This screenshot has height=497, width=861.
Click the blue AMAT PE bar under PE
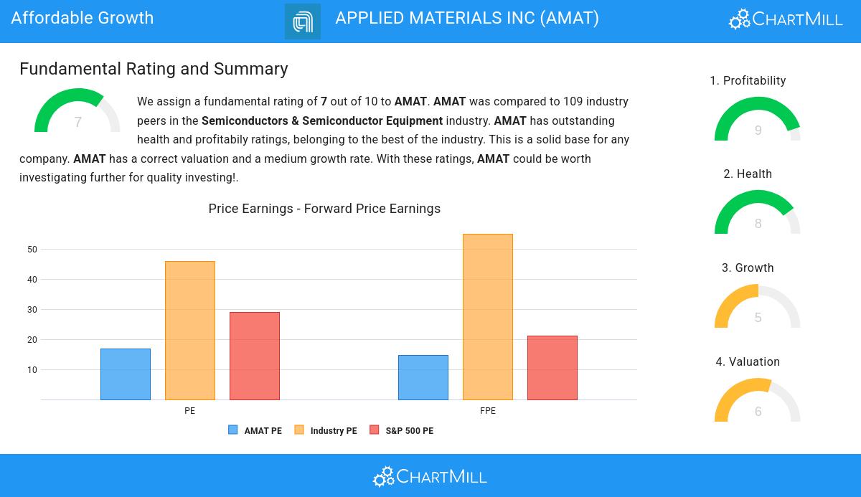click(x=126, y=374)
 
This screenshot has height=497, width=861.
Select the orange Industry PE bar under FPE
click(x=488, y=317)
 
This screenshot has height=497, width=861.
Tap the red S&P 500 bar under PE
click(x=255, y=356)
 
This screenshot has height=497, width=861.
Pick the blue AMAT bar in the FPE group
click(x=423, y=377)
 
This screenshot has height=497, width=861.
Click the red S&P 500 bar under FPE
click(x=552, y=368)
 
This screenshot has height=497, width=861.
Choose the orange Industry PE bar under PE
click(x=190, y=331)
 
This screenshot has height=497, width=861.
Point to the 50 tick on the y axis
click(x=32, y=250)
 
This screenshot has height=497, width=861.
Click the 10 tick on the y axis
click(x=32, y=370)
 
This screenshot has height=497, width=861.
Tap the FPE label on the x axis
click(x=488, y=411)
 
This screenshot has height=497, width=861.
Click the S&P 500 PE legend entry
click(x=402, y=431)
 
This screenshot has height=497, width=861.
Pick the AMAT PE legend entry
click(x=255, y=431)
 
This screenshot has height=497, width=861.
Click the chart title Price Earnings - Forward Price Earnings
click(x=324, y=209)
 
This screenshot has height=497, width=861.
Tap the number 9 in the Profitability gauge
click(x=758, y=131)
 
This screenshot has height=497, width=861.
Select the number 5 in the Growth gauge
click(x=758, y=318)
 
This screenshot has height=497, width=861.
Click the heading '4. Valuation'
click(x=748, y=362)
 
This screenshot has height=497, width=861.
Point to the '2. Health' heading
click(x=748, y=174)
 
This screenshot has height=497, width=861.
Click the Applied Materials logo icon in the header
click(x=303, y=22)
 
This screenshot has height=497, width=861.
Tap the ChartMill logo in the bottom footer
click(x=430, y=476)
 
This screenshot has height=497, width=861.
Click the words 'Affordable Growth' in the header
click(x=83, y=18)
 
